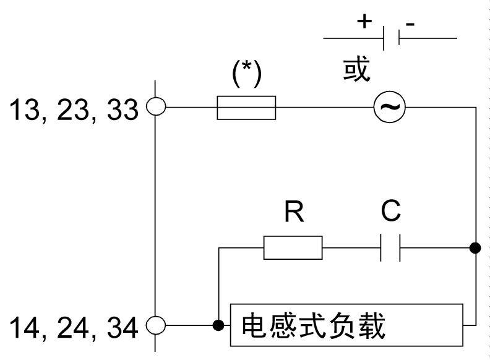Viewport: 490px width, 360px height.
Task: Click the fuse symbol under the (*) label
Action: coord(246,108)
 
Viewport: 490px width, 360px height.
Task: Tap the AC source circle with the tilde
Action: coord(390,108)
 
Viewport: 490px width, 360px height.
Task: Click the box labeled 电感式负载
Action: coord(346,325)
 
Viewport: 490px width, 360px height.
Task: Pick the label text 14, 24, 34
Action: coord(72,327)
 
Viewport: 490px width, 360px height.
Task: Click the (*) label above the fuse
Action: coord(246,74)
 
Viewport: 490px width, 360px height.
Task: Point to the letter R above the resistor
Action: coord(293,212)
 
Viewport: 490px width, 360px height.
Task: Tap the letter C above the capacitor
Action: coord(390,212)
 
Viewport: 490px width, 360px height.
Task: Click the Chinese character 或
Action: coord(357,70)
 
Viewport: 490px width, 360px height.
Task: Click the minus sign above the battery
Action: coord(410,23)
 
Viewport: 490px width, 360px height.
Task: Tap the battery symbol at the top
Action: coord(390,38)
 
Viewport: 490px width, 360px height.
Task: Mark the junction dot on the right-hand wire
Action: coord(475,248)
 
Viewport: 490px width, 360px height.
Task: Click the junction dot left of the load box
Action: coord(218,325)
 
